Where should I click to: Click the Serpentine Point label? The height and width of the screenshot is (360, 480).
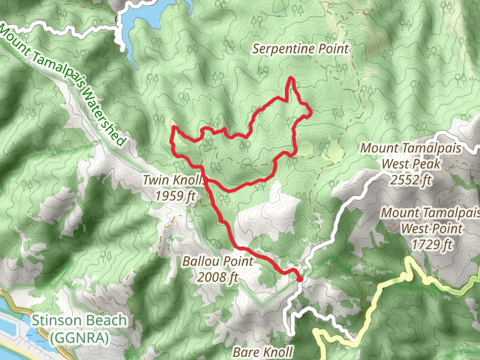(301, 49)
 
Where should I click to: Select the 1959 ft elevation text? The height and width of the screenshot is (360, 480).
(175, 196)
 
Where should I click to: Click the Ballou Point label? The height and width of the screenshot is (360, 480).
(218, 262)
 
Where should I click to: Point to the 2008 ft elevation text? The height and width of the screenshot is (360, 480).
(218, 277)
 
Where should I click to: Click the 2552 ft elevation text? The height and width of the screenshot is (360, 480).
(410, 179)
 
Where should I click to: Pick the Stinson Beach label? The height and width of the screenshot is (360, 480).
(80, 320)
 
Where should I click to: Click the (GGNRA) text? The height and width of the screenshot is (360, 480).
(80, 338)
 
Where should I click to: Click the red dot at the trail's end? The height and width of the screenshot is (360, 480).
(299, 278)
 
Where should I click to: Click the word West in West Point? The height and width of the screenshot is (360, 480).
(414, 229)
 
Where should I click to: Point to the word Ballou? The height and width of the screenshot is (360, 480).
(202, 262)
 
